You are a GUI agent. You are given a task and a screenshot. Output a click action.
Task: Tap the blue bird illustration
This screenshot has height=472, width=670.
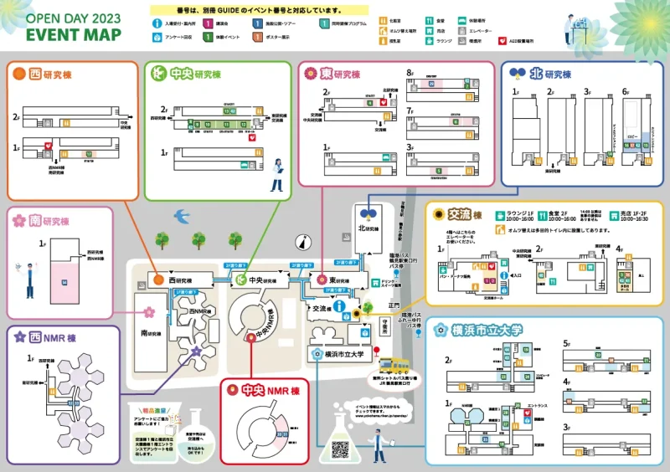pos(181,216)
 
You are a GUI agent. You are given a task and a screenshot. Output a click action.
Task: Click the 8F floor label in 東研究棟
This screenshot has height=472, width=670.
pos(410,74)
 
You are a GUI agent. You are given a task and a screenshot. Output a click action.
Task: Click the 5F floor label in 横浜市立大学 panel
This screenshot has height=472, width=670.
pos(567,343)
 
